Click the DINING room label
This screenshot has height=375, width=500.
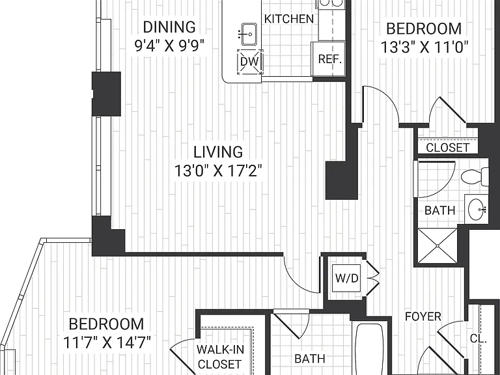169,27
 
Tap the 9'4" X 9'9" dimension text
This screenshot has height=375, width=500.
169,46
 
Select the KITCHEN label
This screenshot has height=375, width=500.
289,19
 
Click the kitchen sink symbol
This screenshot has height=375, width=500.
249,34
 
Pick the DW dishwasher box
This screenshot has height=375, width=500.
250,62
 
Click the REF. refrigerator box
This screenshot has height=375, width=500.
329,59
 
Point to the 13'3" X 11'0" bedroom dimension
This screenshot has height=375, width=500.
424,48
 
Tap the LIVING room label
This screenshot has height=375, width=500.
218,152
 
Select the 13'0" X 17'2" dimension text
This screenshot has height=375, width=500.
218,171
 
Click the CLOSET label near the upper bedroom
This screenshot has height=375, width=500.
448,148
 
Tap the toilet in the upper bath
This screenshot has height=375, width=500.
475,176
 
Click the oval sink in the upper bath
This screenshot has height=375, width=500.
477,209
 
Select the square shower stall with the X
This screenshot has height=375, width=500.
437,245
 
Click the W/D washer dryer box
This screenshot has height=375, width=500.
346,278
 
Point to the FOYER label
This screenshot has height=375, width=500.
423,316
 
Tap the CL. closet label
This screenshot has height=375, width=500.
479,339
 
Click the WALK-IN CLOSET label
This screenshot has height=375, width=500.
220,357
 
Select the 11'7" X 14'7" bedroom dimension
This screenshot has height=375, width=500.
107,343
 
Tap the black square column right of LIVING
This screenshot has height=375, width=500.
342,180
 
